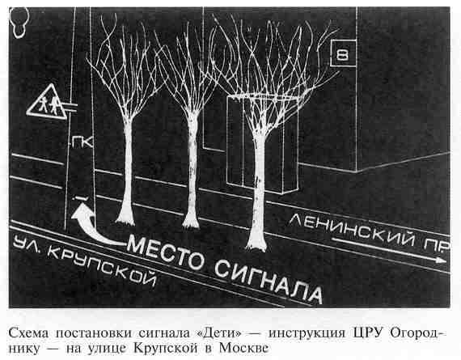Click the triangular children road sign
tap(47, 103)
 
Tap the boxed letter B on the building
tap(344, 53)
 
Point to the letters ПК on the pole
tap(82, 142)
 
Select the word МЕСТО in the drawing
tap(166, 252)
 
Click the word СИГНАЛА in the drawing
tap(269, 280)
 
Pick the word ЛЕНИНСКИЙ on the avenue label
tap(353, 230)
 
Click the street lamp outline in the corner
tap(20, 22)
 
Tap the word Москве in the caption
tap(243, 348)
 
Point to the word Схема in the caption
tap(29, 333)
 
